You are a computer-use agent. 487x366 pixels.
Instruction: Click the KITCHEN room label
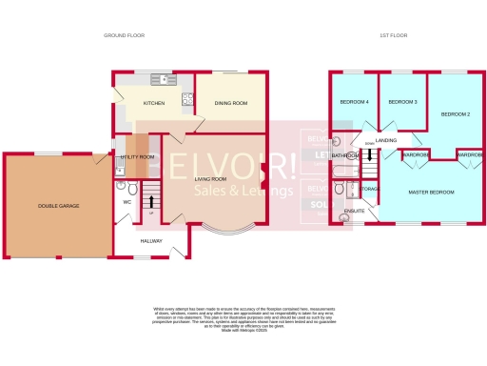click(x=154, y=102)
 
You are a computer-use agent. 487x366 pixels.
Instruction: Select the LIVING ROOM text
click(x=210, y=179)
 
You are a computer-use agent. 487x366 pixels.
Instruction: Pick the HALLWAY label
click(x=152, y=241)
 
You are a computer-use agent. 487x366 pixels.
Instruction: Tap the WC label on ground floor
click(x=127, y=202)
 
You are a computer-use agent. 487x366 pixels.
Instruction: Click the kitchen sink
click(x=168, y=79)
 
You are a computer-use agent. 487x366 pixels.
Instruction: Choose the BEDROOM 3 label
click(x=402, y=101)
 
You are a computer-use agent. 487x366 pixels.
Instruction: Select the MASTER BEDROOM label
click(x=430, y=193)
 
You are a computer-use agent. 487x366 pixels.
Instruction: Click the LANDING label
click(x=386, y=141)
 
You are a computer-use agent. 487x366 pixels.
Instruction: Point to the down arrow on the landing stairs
click(x=368, y=145)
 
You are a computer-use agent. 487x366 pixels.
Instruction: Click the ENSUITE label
click(x=354, y=211)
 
